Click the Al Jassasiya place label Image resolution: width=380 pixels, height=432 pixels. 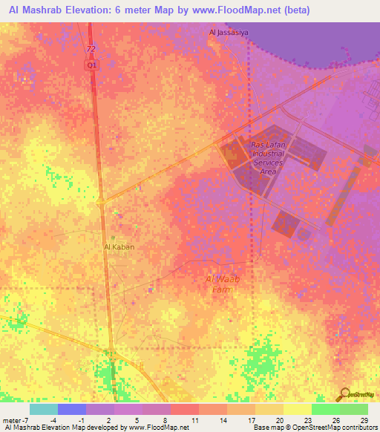coord(228,32)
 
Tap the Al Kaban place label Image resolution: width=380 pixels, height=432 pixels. coord(119,246)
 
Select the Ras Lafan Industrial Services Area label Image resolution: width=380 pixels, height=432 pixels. coord(267,158)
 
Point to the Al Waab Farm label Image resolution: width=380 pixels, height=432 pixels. coord(219,284)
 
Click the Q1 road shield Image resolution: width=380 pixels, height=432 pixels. coord(91,65)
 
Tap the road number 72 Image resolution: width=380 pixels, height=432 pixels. coord(91,49)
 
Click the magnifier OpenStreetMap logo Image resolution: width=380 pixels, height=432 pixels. coord(346,393)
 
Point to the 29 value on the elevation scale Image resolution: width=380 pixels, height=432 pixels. coord(363,421)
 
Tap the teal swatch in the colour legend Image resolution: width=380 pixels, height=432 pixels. coord(44,409)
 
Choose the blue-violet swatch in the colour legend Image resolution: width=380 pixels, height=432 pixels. coord(72,409)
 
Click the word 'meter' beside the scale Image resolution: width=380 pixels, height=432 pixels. coord(10,421)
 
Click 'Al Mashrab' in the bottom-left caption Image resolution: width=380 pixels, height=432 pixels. coord(22,428)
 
